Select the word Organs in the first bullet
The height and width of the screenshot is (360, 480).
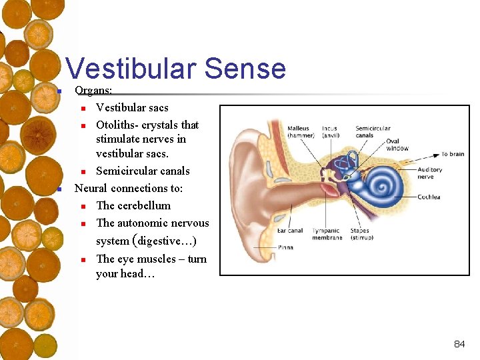click(93, 90)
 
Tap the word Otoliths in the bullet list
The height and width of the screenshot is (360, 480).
click(117, 125)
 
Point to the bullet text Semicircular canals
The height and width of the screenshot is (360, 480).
click(143, 171)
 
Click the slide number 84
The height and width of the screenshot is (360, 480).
click(459, 344)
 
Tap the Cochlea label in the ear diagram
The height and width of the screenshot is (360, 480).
click(429, 197)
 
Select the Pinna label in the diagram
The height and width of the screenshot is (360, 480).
click(285, 247)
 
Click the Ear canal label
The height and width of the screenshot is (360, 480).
click(290, 231)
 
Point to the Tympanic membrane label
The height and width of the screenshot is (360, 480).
click(327, 234)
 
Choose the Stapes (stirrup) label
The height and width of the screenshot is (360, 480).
click(359, 234)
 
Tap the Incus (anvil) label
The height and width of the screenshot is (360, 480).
click(330, 132)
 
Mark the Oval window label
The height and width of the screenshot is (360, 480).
click(397, 144)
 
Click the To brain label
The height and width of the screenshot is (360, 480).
click(453, 154)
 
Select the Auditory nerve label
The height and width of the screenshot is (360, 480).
click(429, 173)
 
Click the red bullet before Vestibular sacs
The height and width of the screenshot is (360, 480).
click(83, 108)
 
